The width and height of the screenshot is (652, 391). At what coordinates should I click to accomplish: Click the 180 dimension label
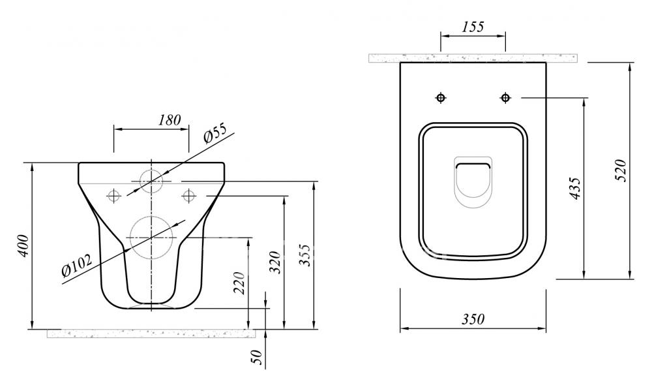(x=170, y=120)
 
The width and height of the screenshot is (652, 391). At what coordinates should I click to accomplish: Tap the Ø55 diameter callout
(x=215, y=133)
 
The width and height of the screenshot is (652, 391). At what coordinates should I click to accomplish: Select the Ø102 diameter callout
(x=76, y=266)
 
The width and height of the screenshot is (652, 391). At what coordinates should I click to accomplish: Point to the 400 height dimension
(x=23, y=245)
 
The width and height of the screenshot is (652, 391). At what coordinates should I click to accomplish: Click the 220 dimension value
(x=239, y=283)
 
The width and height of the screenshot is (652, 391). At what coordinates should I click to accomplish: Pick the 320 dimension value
(x=275, y=262)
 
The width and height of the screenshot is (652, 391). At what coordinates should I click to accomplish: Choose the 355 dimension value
(x=304, y=255)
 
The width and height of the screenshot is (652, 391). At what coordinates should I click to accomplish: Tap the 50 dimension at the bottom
(x=258, y=357)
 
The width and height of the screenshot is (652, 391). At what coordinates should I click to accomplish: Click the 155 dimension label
(x=473, y=27)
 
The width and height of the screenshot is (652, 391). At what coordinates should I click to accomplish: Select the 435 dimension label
(x=575, y=188)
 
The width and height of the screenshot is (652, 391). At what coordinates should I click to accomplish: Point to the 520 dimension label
(x=620, y=170)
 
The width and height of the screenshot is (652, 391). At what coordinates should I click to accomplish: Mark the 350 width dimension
(x=473, y=319)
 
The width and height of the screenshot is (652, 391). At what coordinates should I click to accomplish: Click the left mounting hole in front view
(x=113, y=195)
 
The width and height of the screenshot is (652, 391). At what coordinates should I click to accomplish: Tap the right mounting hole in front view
(x=188, y=195)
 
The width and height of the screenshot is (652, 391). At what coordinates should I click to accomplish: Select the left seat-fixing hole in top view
(x=441, y=98)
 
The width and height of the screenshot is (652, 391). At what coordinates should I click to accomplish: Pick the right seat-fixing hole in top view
(x=505, y=98)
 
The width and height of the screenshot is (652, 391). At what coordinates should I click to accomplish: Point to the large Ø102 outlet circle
(x=130, y=238)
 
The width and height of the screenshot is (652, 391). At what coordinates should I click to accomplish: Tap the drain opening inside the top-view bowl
(x=473, y=165)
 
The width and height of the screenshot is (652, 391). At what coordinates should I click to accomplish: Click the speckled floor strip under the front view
(x=151, y=333)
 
